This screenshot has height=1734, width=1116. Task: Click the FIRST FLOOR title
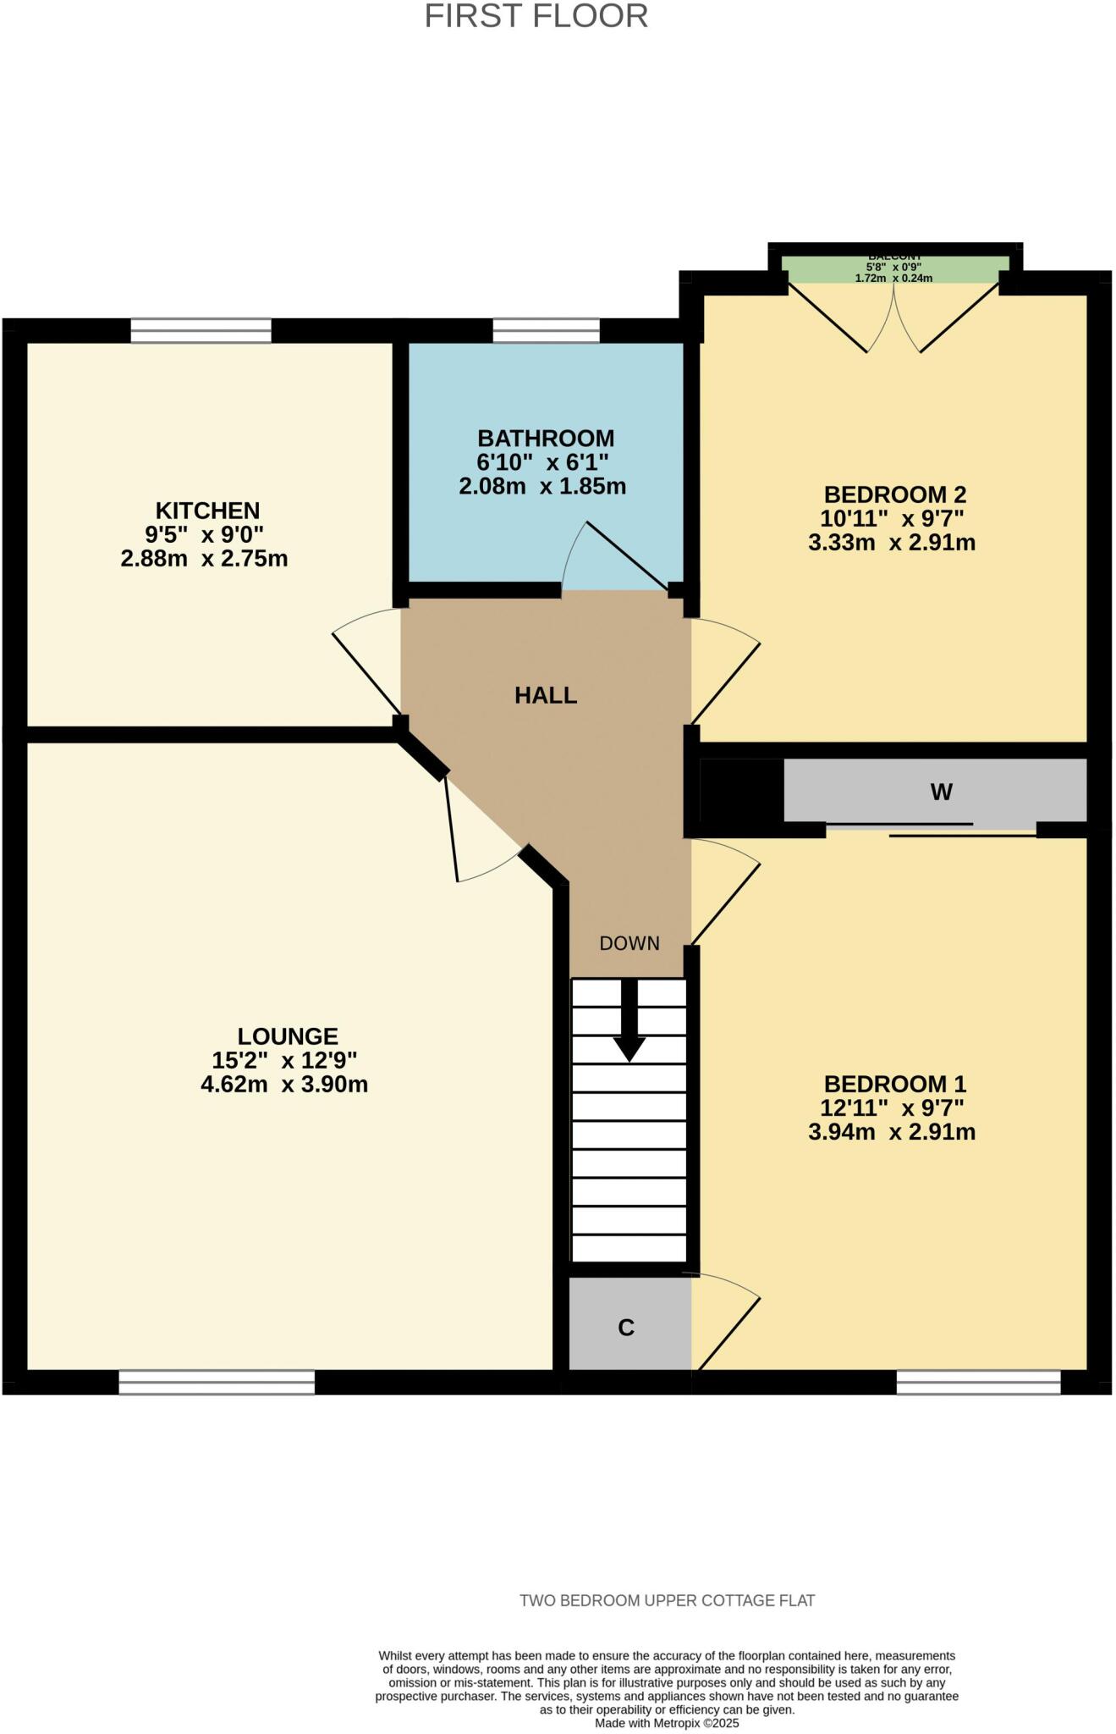pyautogui.click(x=536, y=17)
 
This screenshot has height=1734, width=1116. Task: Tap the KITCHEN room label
pyautogui.click(x=207, y=511)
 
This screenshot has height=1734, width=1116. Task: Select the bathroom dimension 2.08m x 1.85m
pyautogui.click(x=542, y=487)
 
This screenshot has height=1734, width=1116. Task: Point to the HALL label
pyautogui.click(x=546, y=696)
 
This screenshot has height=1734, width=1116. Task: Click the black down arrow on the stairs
pyautogui.click(x=629, y=1021)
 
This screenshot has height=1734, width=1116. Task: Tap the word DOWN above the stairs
pyautogui.click(x=629, y=943)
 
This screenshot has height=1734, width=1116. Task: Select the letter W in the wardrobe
pyautogui.click(x=941, y=792)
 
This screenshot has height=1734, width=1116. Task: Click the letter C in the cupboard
pyautogui.click(x=626, y=1328)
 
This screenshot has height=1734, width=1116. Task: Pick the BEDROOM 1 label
pyautogui.click(x=894, y=1084)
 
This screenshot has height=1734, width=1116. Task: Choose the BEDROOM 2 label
pyautogui.click(x=894, y=494)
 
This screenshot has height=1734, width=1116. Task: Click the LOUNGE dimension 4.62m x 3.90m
pyautogui.click(x=284, y=1085)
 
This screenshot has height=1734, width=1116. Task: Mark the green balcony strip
pyautogui.click(x=895, y=269)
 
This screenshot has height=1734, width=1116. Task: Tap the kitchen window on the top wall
pyautogui.click(x=201, y=330)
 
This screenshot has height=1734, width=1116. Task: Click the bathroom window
pyautogui.click(x=546, y=330)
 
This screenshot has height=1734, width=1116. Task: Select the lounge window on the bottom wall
pyautogui.click(x=217, y=1383)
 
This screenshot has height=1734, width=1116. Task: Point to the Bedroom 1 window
pyautogui.click(x=978, y=1383)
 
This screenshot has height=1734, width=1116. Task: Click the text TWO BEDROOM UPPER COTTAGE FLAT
pyautogui.click(x=667, y=1601)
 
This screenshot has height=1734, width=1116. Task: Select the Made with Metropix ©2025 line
pyautogui.click(x=667, y=1723)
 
